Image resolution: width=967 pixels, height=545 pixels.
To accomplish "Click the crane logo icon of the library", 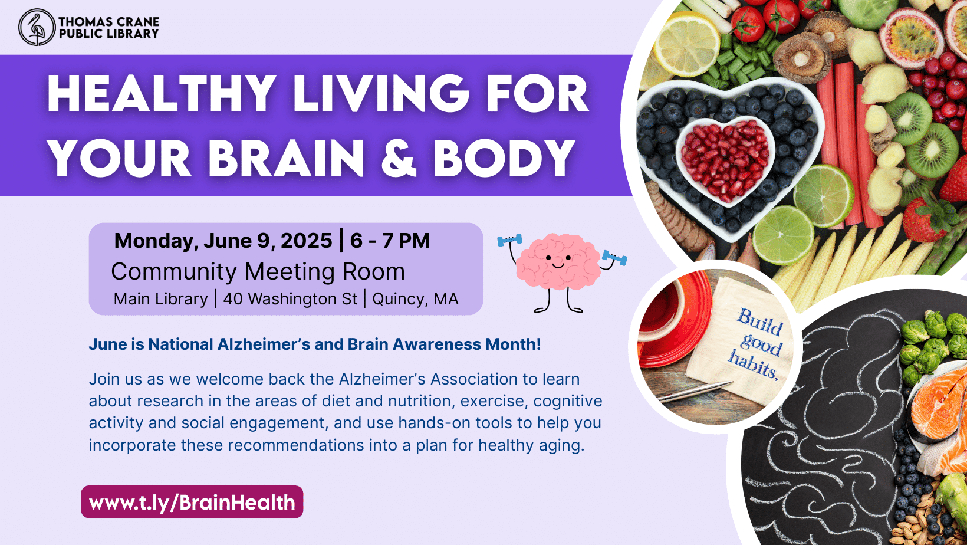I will click(37, 27).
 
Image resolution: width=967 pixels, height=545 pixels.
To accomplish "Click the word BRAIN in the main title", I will click(287, 159).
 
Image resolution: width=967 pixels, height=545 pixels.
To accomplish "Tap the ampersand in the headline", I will click(399, 159).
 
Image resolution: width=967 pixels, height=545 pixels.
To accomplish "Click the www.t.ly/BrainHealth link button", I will click(192, 503).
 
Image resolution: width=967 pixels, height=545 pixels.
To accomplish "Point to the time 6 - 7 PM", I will click(390, 241).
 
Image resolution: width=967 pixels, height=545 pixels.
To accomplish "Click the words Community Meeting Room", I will click(258, 272).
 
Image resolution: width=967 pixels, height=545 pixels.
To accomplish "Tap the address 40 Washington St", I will click(290, 299).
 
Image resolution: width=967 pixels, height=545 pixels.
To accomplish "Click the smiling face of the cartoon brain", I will click(557, 260).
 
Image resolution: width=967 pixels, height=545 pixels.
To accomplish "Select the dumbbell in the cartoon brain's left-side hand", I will click(509, 240).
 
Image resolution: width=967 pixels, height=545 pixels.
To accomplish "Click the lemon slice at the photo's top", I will click(685, 45).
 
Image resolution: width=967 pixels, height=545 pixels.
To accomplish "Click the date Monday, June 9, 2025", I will click(223, 241).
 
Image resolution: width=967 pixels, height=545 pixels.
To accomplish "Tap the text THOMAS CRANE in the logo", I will click(108, 21).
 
